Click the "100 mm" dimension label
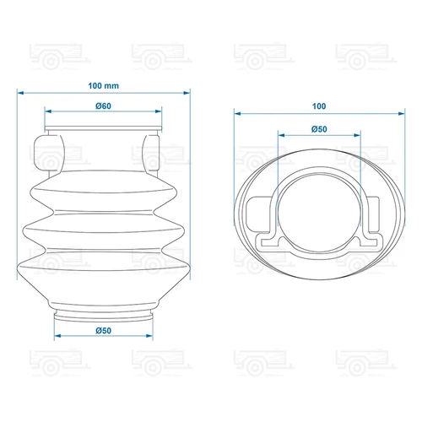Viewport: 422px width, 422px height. coord(104,86)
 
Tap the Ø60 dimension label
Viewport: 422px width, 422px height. coord(103,106)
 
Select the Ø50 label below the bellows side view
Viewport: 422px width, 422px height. coord(104,331)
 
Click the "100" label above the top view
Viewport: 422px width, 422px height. coord(319,106)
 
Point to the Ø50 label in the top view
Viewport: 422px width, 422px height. coord(319,129)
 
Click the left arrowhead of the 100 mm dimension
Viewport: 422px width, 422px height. coord(20,93)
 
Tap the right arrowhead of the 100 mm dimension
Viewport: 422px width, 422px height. coord(187,93)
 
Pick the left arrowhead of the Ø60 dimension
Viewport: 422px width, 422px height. coord(48,111)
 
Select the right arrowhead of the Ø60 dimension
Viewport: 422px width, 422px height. coord(159,111)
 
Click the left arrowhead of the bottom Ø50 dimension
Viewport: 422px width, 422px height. coord(57,336)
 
